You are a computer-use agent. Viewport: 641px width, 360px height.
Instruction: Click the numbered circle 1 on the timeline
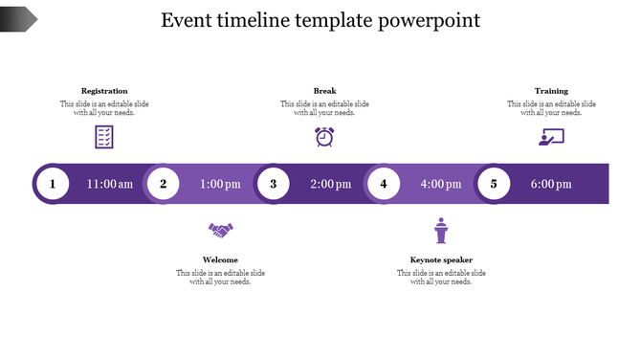pos(53,184)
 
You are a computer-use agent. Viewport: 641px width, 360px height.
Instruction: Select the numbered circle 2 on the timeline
pos(164,184)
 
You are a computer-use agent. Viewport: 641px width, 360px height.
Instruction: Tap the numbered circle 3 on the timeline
pos(274,184)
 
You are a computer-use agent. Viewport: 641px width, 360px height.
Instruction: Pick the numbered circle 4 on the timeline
pos(384,184)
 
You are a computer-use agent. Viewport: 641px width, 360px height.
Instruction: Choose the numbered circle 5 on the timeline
pos(494,184)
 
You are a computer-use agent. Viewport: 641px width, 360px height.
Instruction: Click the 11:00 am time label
pos(110,184)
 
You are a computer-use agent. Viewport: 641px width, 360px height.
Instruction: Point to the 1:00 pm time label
pos(220,184)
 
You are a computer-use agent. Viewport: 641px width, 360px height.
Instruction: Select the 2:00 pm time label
pos(331,184)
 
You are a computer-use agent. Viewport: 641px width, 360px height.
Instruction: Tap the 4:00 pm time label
pos(441,184)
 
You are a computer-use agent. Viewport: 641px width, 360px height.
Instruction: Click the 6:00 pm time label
pos(551,184)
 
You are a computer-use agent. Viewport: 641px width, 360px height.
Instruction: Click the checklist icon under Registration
pos(104,137)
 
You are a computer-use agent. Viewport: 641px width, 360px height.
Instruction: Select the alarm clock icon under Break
pos(324,137)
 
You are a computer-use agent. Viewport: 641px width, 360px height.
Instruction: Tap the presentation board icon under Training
pos(551,137)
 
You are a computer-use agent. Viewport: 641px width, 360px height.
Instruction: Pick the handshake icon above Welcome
pos(221,231)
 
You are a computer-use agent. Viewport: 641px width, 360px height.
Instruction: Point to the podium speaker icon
pos(441,232)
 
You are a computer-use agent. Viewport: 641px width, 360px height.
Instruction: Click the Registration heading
pos(104,91)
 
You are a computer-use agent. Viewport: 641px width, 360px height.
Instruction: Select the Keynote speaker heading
pos(441,259)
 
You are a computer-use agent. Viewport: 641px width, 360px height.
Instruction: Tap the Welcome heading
pos(220,259)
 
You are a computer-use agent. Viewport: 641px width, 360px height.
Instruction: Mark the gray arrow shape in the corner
pos(18,17)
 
